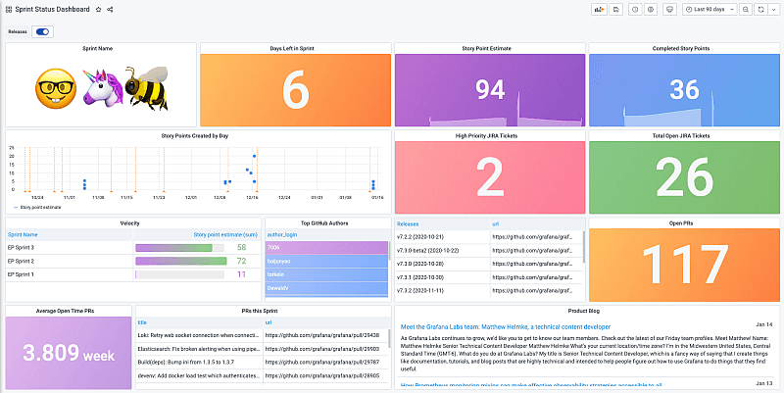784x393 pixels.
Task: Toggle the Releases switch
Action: (x=42, y=31)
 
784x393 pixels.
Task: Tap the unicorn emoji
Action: (x=101, y=87)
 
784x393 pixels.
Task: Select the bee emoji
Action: (x=145, y=87)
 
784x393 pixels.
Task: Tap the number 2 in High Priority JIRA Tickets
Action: (x=489, y=178)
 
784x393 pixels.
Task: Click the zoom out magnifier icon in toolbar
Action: (x=746, y=9)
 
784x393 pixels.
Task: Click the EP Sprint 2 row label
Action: (x=21, y=261)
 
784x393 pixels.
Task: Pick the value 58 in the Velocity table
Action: (x=241, y=248)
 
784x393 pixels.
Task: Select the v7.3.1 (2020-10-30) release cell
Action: (x=422, y=277)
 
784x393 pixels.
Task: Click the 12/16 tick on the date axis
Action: (x=252, y=197)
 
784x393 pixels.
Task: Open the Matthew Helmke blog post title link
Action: (x=505, y=326)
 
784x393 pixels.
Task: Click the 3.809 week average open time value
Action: (x=66, y=353)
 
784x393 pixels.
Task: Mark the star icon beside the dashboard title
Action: (x=98, y=9)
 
